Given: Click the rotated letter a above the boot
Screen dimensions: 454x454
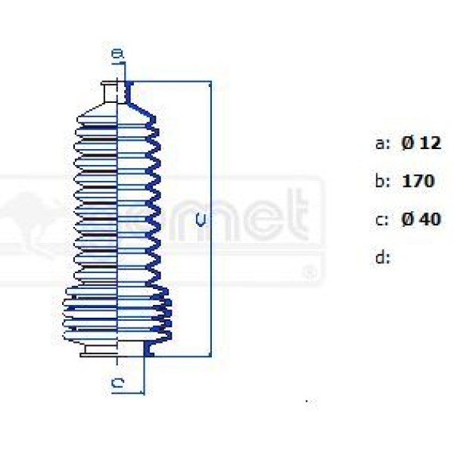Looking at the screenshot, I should coord(116,55).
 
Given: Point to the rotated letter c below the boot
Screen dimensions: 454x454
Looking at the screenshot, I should coord(117,384).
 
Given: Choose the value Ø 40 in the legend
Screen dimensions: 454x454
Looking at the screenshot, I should coord(421,219).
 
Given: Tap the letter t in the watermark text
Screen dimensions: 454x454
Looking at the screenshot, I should coord(301,215).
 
